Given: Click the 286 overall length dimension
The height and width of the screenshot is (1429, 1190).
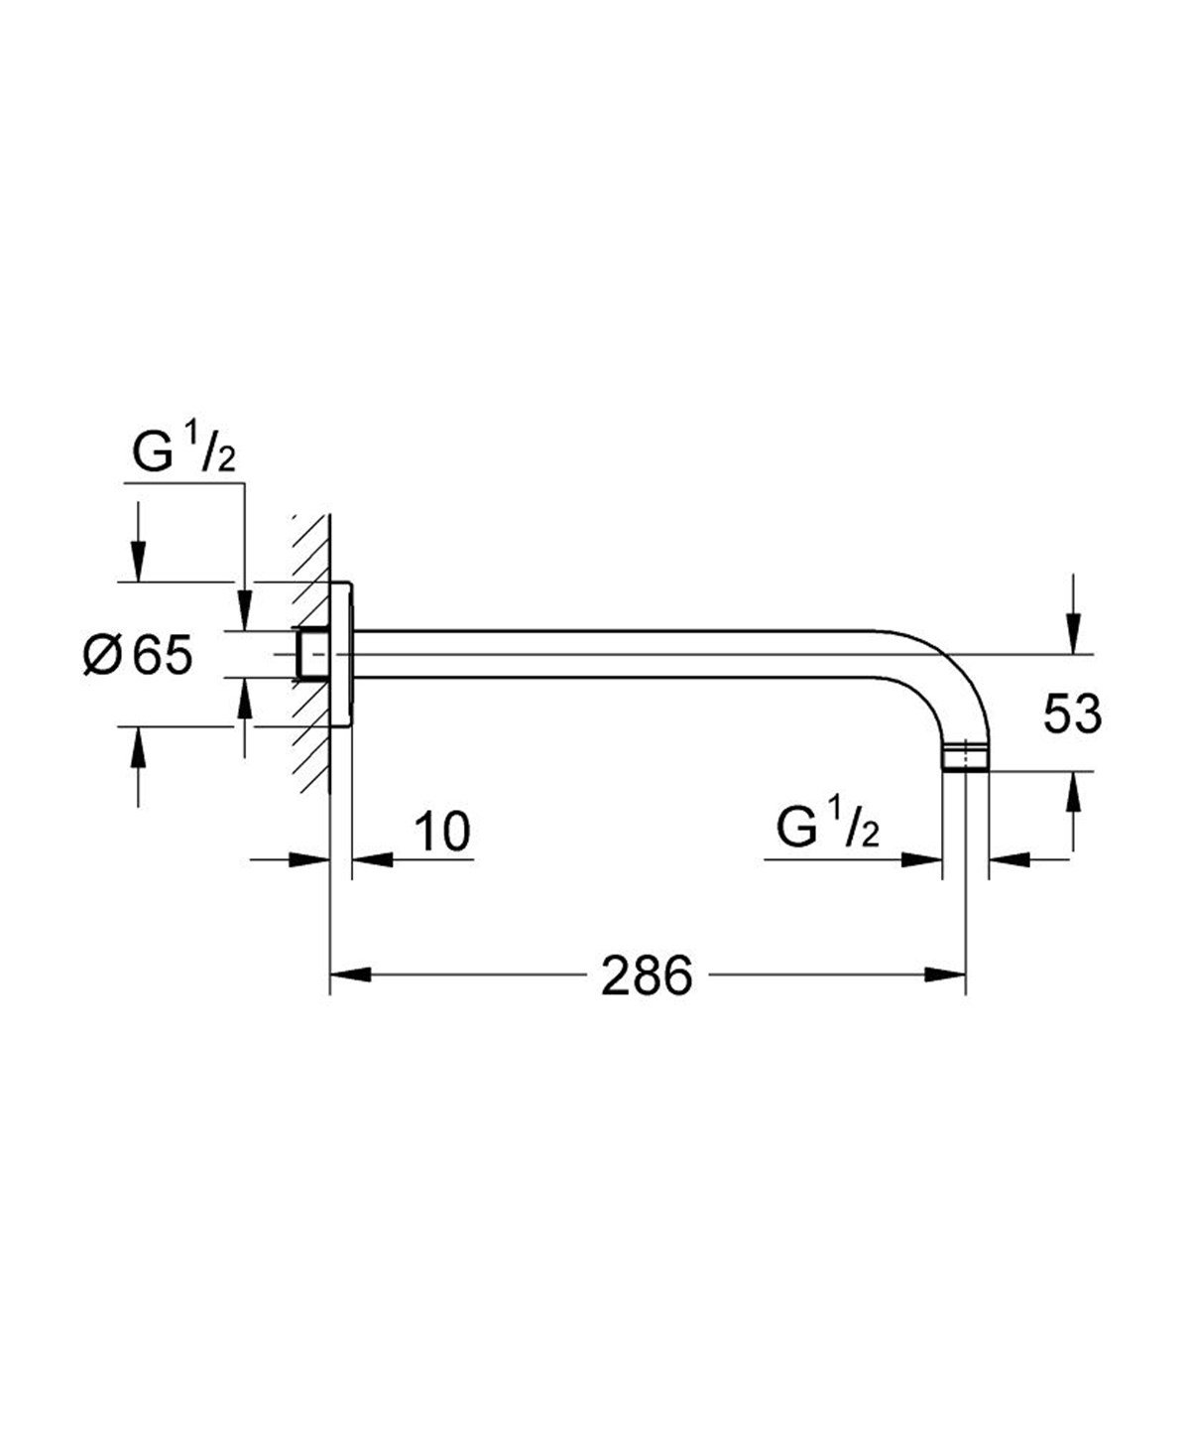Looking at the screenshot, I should click(646, 976).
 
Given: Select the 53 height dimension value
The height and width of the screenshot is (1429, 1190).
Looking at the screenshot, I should click(1071, 714).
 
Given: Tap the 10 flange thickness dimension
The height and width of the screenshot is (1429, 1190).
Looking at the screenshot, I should click(441, 832).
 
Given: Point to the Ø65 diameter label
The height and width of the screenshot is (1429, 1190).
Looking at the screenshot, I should click(138, 656).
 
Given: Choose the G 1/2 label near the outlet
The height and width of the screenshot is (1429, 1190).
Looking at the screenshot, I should click(828, 829).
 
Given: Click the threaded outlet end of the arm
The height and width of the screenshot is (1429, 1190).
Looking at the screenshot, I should click(964, 758).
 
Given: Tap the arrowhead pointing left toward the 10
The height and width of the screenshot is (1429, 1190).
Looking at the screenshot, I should click(369, 859).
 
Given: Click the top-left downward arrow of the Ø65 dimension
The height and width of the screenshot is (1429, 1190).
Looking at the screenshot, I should click(138, 561).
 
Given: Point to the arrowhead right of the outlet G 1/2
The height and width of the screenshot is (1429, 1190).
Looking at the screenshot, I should click(1007, 859).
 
